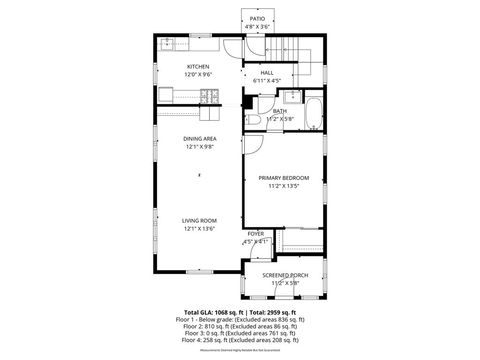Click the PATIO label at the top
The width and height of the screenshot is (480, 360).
(257, 19)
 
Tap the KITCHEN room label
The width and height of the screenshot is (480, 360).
(198, 67)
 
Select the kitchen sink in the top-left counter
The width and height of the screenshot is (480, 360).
(166, 45)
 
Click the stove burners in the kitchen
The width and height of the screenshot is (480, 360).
(210, 96)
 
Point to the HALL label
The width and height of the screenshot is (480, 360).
(267, 73)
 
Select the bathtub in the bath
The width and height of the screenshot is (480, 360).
(314, 114)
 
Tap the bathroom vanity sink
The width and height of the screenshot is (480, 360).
(293, 97)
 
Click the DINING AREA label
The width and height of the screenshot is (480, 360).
(200, 139)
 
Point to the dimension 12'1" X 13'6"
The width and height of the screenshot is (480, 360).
(200, 229)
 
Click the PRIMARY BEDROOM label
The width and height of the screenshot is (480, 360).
(284, 178)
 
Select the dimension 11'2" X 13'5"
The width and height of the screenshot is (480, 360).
(284, 186)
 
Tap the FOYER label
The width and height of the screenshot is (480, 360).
(255, 234)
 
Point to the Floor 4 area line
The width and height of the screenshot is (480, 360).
(240, 340)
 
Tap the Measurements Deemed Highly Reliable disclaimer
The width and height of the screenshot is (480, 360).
(240, 350)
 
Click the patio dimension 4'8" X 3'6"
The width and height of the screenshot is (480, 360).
(257, 27)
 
